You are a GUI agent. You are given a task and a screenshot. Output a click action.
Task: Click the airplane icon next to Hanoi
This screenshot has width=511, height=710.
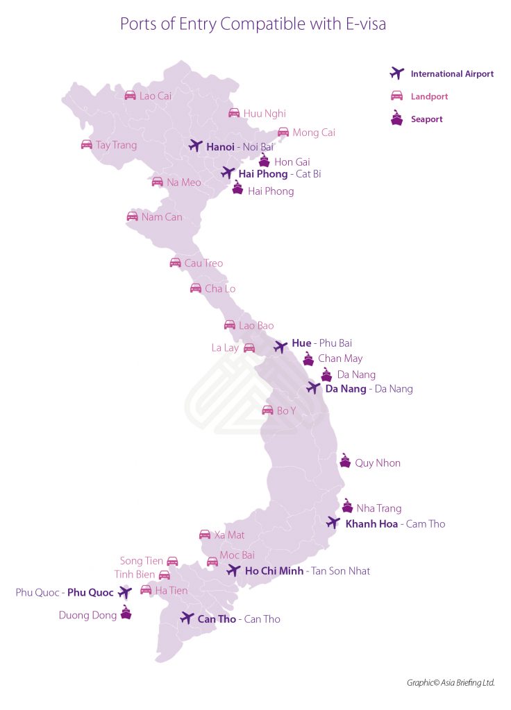click(x=195, y=146)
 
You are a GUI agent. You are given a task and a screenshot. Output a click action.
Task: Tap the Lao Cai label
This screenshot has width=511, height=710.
click(x=155, y=96)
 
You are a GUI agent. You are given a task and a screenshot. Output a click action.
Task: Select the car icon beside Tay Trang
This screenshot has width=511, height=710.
click(x=87, y=145)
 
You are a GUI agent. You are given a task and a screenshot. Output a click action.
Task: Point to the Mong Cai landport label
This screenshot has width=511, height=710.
click(x=313, y=132)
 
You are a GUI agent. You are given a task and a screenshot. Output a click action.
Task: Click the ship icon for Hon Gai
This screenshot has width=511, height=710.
click(x=264, y=160)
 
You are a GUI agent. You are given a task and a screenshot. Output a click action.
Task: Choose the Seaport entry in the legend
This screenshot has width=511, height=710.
click(x=426, y=119)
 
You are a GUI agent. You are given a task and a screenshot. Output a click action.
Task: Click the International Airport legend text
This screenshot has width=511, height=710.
click(x=452, y=73)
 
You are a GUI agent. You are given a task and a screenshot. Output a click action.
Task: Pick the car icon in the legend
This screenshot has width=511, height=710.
click(x=396, y=96)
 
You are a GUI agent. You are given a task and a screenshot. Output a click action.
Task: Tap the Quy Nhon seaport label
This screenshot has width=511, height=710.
click(x=377, y=463)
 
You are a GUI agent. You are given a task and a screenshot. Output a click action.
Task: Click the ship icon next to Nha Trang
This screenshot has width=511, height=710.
click(x=347, y=506)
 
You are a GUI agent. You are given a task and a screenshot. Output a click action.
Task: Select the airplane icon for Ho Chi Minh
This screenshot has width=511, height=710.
click(x=234, y=571)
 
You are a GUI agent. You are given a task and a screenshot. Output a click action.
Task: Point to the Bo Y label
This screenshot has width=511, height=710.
click(x=286, y=411)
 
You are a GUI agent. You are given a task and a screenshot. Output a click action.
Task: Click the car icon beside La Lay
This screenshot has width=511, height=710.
click(x=249, y=348)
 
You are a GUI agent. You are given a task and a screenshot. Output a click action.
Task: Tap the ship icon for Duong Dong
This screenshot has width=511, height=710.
click(x=126, y=613)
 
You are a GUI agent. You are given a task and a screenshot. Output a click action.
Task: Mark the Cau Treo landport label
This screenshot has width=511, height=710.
click(x=203, y=263)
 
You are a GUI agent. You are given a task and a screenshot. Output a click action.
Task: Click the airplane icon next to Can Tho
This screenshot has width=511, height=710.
click(x=187, y=618)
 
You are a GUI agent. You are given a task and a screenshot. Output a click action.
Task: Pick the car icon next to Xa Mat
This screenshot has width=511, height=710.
click(x=205, y=535)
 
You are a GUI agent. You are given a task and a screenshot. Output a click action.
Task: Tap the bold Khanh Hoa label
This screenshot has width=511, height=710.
click(x=371, y=524)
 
